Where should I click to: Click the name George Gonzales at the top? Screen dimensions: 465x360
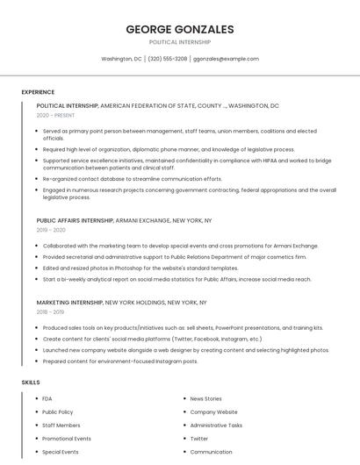180,29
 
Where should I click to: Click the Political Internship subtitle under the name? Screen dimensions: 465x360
180,42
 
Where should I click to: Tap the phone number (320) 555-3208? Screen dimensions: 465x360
168,59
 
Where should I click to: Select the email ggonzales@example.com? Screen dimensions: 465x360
227,59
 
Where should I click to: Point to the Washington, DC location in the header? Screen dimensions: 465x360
121,59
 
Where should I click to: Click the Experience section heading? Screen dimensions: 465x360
38,91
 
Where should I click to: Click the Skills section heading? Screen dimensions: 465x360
31,383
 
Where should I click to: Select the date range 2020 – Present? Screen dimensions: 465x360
55,115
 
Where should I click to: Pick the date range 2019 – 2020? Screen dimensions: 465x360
51,230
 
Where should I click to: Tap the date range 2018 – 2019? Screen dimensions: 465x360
50,311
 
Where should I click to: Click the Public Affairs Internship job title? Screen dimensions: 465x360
75,220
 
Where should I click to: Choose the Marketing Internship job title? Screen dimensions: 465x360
69,302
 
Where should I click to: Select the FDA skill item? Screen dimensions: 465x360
47,398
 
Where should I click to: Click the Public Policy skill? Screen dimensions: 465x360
57,411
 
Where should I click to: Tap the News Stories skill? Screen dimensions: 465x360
205,398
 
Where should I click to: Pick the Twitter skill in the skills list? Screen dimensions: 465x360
199,439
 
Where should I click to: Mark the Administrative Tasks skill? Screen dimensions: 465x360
216,425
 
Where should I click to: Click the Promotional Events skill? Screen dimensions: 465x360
66,439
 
